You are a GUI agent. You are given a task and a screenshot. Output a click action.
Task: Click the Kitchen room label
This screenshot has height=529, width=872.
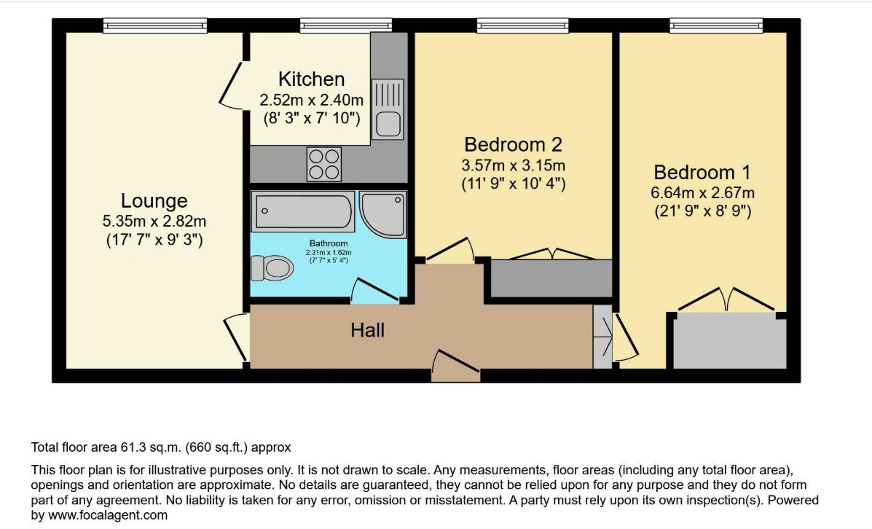[x=312, y=79]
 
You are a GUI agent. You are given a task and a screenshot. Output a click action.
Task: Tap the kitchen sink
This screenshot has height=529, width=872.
[x=388, y=109]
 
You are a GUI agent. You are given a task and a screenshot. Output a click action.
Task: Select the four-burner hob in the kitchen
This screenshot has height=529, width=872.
[x=324, y=164]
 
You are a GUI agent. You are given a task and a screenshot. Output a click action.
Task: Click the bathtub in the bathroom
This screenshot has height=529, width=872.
[x=303, y=211]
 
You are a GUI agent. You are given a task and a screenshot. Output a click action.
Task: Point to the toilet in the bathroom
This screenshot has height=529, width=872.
[x=272, y=268]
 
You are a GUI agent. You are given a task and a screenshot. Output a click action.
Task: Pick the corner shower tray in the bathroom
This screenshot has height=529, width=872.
[x=383, y=214]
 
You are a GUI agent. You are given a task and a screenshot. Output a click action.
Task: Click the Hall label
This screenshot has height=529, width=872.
[x=368, y=330]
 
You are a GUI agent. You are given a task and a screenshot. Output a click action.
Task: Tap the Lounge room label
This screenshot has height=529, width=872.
[x=154, y=201]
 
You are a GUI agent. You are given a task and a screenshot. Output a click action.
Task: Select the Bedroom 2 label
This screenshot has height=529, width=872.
[x=514, y=144]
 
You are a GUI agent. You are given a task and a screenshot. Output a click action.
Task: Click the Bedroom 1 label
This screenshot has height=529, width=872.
[x=702, y=173]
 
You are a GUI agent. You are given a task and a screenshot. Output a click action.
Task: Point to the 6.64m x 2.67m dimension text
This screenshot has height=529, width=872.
[x=702, y=193]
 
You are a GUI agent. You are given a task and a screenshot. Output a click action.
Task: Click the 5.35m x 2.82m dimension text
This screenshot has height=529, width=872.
[x=154, y=222]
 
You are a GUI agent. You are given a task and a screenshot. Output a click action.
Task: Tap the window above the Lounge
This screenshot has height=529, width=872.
[x=155, y=26]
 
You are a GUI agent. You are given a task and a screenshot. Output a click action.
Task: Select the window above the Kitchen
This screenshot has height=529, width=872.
[x=346, y=26]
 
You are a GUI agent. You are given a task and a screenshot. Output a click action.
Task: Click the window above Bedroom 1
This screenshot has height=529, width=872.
[x=716, y=26]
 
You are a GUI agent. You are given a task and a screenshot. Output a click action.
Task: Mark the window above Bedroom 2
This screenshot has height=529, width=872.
[x=523, y=26]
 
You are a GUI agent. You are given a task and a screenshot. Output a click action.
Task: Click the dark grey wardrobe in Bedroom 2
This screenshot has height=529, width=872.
[x=551, y=278]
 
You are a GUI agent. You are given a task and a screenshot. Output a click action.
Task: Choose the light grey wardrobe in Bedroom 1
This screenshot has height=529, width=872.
[x=730, y=340]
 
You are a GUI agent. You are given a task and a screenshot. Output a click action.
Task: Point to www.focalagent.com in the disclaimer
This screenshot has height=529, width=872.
[x=108, y=515]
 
